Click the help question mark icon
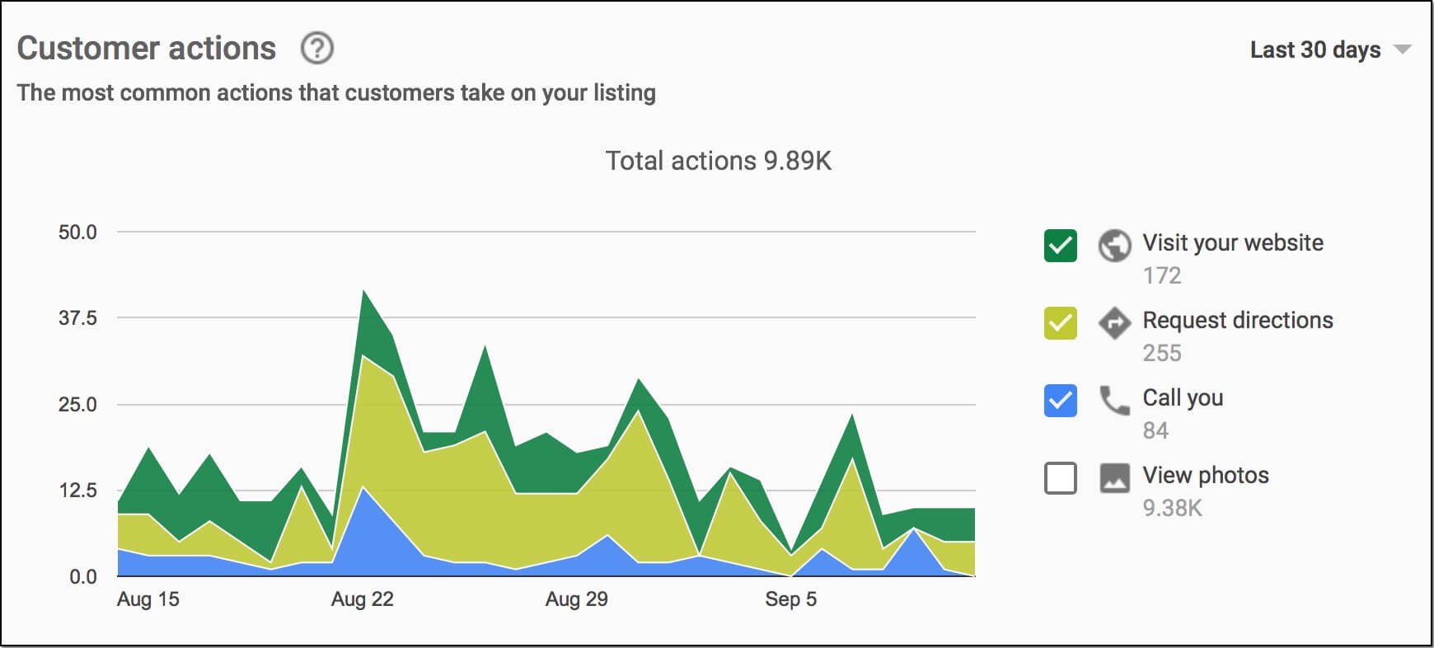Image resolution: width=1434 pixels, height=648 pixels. [317, 49]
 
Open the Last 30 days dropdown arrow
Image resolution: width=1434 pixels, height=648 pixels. [1402, 49]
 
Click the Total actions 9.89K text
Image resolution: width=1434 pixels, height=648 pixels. [718, 161]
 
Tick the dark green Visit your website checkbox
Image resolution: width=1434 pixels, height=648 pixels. [1060, 246]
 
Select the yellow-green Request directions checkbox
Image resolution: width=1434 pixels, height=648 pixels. [1060, 323]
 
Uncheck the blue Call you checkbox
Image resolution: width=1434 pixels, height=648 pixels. [1060, 401]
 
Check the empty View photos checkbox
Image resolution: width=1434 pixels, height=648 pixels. [1060, 478]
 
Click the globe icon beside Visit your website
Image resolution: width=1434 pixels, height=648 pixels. [1114, 246]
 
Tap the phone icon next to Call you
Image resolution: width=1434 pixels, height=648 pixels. [1114, 401]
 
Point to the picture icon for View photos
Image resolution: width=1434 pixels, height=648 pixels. [1114, 478]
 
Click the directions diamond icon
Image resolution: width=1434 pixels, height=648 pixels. [1114, 323]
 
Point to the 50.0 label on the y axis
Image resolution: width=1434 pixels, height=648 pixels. [77, 232]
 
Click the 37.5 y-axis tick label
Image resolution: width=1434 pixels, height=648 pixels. [77, 318]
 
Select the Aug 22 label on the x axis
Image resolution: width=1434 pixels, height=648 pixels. [363, 599]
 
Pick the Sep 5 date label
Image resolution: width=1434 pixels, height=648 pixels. [790, 599]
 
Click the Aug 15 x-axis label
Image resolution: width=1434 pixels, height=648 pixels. [148, 599]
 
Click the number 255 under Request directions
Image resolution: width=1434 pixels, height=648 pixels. [1162, 353]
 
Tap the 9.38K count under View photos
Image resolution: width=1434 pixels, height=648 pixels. [1172, 508]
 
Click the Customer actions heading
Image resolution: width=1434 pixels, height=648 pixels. [147, 49]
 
